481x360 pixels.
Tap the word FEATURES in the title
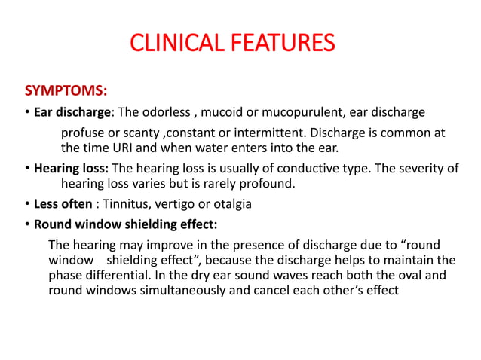pyautogui.click(x=281, y=43)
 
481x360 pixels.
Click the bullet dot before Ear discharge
pyautogui.click(x=26, y=113)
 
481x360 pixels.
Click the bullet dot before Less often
pyautogui.click(x=26, y=204)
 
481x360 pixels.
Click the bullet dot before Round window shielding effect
pyautogui.click(x=26, y=224)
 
